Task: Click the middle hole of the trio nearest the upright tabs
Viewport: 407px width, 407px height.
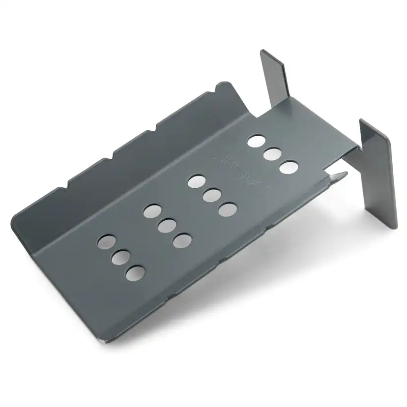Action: pos(272,154)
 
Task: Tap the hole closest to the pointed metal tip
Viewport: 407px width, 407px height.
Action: pos(289,167)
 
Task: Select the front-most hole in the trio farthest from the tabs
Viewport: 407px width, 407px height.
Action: pos(135,272)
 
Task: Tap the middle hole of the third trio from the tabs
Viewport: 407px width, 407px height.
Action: pos(167,226)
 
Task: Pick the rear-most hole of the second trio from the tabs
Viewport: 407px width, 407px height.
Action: pos(197,180)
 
